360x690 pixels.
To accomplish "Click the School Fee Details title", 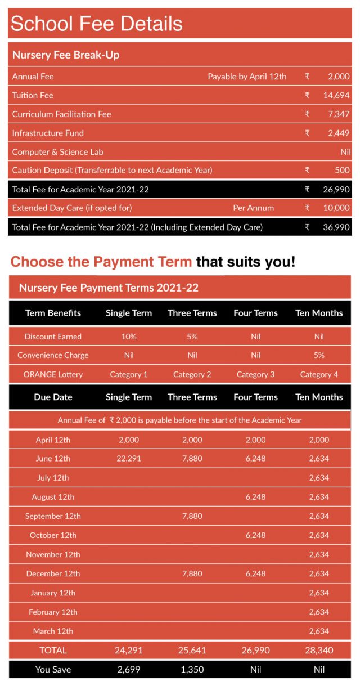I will point(97,24).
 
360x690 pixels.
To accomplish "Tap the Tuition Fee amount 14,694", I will point(336,95).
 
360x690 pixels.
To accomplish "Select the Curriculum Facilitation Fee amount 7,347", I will point(338,114).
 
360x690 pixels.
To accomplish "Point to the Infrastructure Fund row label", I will point(48,133).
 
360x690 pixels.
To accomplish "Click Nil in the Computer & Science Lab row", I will point(345,152).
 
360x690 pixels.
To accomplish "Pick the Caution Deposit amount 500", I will point(342,170).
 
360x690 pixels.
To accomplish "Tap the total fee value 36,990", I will point(336,227).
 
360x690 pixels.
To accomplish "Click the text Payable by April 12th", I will point(247,77).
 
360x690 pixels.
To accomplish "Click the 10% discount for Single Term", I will point(129,337).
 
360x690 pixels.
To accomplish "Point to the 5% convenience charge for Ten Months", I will point(319,355).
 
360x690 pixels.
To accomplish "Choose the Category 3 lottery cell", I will point(256,374).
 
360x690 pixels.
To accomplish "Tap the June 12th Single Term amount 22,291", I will point(129,459).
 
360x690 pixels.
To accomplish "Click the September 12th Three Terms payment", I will point(192,516).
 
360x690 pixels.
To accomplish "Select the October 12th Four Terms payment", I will point(256,535).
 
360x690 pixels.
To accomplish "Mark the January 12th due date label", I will point(53,593).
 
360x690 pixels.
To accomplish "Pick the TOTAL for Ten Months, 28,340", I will point(319,650).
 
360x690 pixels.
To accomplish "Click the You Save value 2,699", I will point(129,669).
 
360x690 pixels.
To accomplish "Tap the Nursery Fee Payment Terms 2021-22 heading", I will point(109,288).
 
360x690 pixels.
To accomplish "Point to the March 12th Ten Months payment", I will point(319,631).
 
